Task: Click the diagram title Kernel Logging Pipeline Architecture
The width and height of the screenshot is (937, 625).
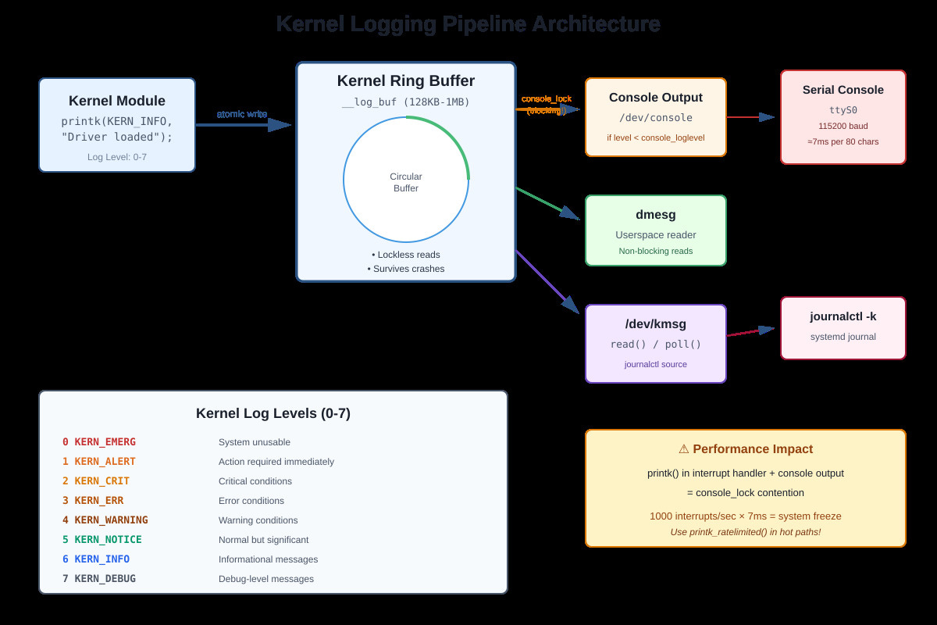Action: (468, 24)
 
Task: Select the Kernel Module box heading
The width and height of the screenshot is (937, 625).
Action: (117, 101)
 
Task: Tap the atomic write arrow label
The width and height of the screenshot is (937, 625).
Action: (242, 114)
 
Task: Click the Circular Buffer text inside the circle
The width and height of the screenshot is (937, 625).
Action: (405, 182)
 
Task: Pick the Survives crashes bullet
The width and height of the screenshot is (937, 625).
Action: (406, 269)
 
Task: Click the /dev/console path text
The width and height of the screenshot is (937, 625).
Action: (655, 118)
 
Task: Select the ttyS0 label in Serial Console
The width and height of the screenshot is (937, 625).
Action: (843, 110)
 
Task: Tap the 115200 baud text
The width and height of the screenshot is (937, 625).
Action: (843, 126)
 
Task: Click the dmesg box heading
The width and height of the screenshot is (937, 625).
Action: (655, 214)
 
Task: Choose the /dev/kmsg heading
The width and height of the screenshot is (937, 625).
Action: (655, 324)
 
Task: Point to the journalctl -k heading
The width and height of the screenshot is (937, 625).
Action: (843, 316)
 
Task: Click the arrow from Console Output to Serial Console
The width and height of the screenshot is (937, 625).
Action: (750, 117)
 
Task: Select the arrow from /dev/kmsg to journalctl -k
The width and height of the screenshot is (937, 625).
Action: (750, 332)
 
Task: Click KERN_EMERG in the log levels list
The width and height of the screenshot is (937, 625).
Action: (105, 442)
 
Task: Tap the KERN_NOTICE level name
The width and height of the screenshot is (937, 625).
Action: (108, 540)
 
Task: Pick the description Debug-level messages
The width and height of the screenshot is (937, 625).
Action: (266, 579)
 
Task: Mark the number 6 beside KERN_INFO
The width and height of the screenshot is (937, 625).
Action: (66, 559)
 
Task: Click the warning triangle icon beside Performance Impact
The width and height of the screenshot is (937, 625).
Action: (683, 449)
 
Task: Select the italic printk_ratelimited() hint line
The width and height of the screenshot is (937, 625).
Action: (745, 532)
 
